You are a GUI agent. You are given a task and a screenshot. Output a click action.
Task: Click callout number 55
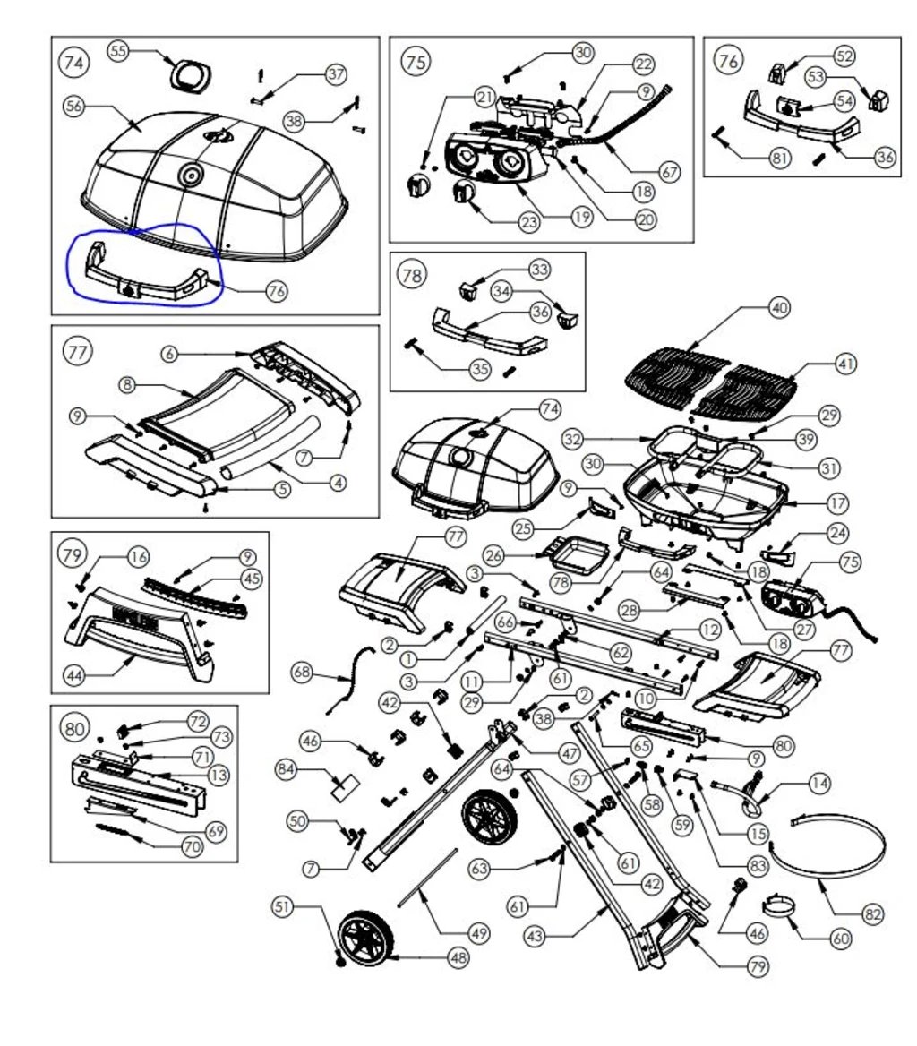tap(118, 51)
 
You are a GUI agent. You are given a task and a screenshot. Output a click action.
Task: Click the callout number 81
tap(781, 158)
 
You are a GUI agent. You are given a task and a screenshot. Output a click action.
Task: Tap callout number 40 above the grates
tap(779, 307)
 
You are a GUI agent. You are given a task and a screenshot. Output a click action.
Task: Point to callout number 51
tap(284, 906)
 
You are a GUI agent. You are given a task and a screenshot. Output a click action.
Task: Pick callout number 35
tap(480, 367)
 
